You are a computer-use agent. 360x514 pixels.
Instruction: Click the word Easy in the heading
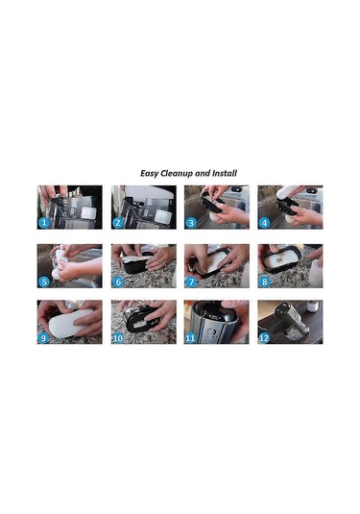pos(150,173)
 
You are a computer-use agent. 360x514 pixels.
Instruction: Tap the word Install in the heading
pos(225,173)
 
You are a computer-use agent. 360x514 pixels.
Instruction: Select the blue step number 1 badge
pos(43,223)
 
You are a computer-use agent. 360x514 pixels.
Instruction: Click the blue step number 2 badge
pos(117,223)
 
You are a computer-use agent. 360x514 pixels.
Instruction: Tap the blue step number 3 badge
pos(191,223)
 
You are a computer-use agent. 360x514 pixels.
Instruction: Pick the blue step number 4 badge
pos(264,223)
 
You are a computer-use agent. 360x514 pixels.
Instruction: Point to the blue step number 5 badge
pos(43,281)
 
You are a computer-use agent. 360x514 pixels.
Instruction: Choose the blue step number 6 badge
pos(117,281)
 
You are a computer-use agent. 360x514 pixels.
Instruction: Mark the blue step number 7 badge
pos(191,281)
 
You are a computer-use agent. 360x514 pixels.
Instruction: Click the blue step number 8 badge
pos(264,281)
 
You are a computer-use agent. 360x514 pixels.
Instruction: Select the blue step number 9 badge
pos(43,337)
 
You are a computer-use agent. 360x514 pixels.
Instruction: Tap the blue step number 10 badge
pos(117,337)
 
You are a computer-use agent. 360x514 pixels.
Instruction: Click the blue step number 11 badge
pos(191,337)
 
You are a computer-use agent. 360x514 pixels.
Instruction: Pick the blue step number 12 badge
pos(264,337)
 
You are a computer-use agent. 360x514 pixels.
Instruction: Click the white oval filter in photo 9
pos(69,322)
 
